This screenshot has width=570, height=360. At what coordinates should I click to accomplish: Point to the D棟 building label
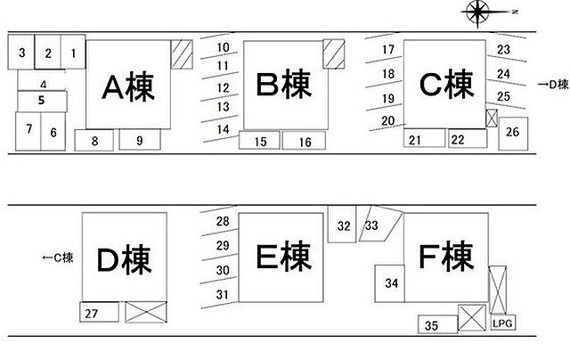[125, 260]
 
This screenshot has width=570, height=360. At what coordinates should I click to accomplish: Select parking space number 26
[512, 133]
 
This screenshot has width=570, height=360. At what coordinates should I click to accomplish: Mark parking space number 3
[20, 53]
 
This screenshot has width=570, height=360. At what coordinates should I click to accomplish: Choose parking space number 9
[139, 140]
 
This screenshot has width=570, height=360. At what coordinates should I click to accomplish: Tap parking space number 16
[305, 141]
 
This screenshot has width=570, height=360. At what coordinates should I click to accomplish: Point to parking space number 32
[343, 225]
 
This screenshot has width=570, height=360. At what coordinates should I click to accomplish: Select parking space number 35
[431, 325]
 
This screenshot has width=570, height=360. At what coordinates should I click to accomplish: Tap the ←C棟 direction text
[58, 258]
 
